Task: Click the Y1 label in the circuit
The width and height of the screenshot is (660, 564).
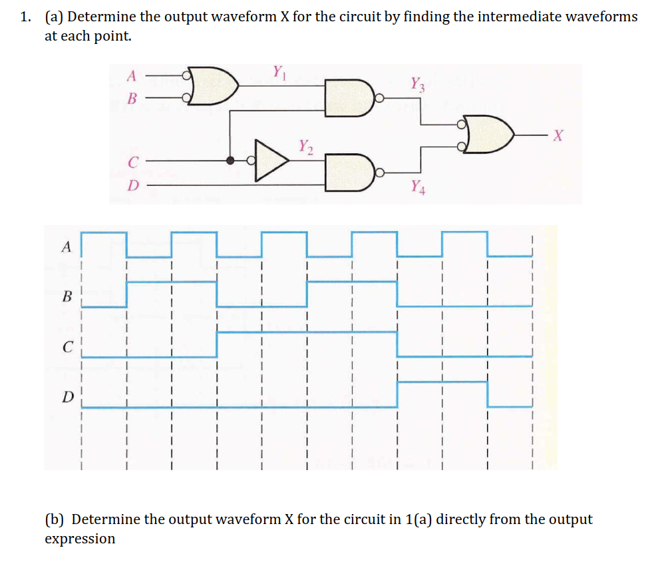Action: [277, 71]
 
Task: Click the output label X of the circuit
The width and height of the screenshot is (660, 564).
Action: [558, 137]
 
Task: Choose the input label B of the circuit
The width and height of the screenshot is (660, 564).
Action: [132, 99]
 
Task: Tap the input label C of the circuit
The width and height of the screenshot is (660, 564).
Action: [133, 160]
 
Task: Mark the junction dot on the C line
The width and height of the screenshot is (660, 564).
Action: [230, 160]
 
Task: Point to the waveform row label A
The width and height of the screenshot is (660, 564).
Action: [65, 247]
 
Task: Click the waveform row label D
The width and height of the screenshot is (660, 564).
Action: [65, 398]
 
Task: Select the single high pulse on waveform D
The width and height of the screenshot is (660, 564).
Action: [442, 382]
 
